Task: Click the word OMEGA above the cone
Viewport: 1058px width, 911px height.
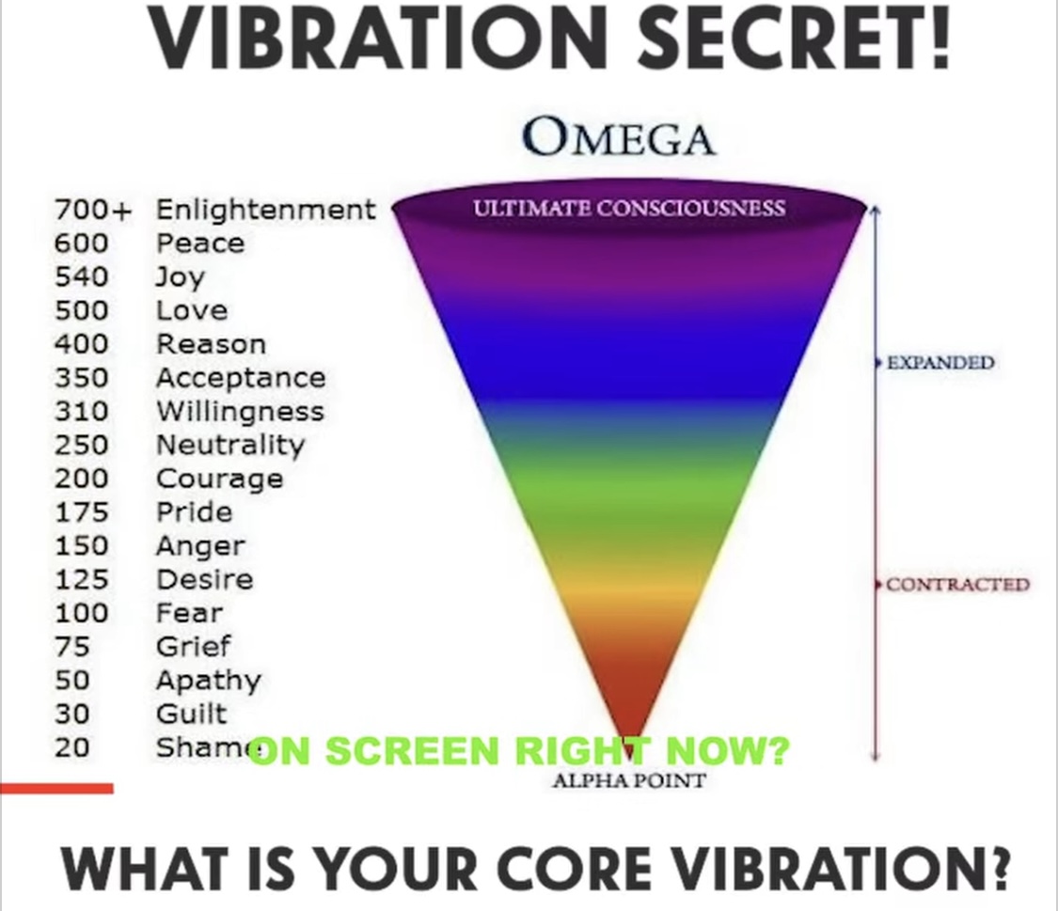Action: (x=618, y=137)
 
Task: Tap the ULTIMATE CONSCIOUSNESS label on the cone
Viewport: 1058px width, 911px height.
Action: (x=629, y=208)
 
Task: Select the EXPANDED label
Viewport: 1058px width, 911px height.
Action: (x=940, y=363)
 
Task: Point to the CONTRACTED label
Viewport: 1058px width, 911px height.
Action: (x=957, y=584)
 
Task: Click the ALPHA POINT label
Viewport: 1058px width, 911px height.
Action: (x=629, y=781)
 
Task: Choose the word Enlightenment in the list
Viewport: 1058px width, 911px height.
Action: (x=266, y=209)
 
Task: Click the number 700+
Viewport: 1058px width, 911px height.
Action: (x=92, y=210)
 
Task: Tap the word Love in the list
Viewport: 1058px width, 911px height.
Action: (x=192, y=310)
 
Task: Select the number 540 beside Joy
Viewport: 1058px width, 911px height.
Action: (x=82, y=276)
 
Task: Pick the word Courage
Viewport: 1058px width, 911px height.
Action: (x=220, y=479)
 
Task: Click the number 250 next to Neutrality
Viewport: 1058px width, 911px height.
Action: (x=82, y=445)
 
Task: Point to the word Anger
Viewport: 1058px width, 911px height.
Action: (x=201, y=547)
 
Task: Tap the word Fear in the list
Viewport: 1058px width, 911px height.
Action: (x=190, y=613)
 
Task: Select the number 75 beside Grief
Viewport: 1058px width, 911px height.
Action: (x=72, y=647)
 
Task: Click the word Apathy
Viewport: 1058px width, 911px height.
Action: (x=209, y=681)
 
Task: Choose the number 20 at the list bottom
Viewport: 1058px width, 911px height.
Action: (x=72, y=747)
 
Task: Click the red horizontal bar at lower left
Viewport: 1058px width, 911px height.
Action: (x=56, y=788)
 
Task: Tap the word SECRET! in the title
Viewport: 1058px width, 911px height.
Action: (x=794, y=38)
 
